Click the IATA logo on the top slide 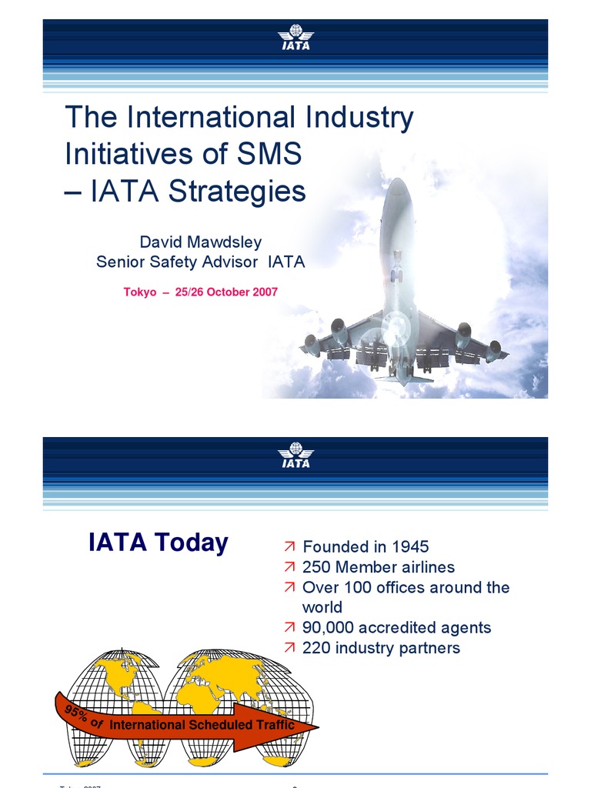tap(295, 38)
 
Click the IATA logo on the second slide tap(295, 455)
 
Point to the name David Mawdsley tap(200, 242)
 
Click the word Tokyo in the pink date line tap(140, 292)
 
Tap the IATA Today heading tap(159, 543)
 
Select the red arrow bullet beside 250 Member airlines tap(289, 567)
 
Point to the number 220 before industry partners tap(316, 647)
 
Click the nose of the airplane tap(397, 185)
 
